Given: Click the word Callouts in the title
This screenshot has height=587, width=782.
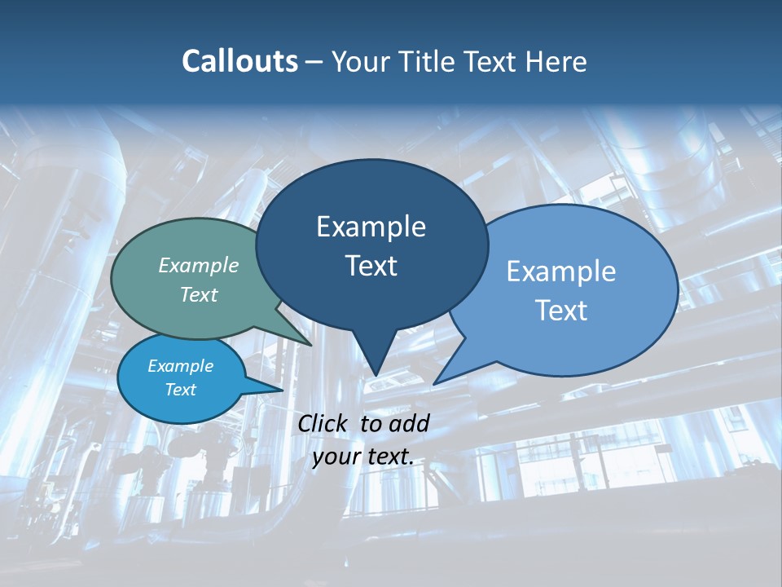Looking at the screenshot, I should pyautogui.click(x=239, y=61).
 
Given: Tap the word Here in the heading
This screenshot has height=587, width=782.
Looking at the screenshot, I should pyautogui.click(x=556, y=61).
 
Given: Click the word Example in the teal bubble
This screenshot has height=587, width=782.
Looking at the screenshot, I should pyautogui.click(x=199, y=265).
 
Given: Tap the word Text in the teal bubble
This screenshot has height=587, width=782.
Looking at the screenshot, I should pyautogui.click(x=199, y=294).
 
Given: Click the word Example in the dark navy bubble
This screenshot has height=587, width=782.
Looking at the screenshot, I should pyautogui.click(x=371, y=227).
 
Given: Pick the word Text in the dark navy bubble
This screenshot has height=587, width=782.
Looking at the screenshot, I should pyautogui.click(x=371, y=266).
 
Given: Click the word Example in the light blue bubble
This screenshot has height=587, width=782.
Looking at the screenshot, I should pyautogui.click(x=561, y=271).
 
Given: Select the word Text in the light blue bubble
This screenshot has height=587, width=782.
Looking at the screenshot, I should pyautogui.click(x=561, y=311).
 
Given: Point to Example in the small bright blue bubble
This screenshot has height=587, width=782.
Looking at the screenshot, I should pyautogui.click(x=180, y=366).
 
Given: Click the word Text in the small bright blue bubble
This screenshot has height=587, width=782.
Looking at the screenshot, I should pyautogui.click(x=180, y=390).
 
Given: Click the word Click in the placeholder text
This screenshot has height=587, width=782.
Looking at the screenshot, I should pyautogui.click(x=323, y=423).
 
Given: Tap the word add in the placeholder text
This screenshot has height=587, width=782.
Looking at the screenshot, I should pyautogui.click(x=409, y=423).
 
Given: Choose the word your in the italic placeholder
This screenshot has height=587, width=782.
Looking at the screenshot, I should pyautogui.click(x=336, y=457).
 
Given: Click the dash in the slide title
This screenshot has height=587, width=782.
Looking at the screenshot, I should pyautogui.click(x=315, y=62).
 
